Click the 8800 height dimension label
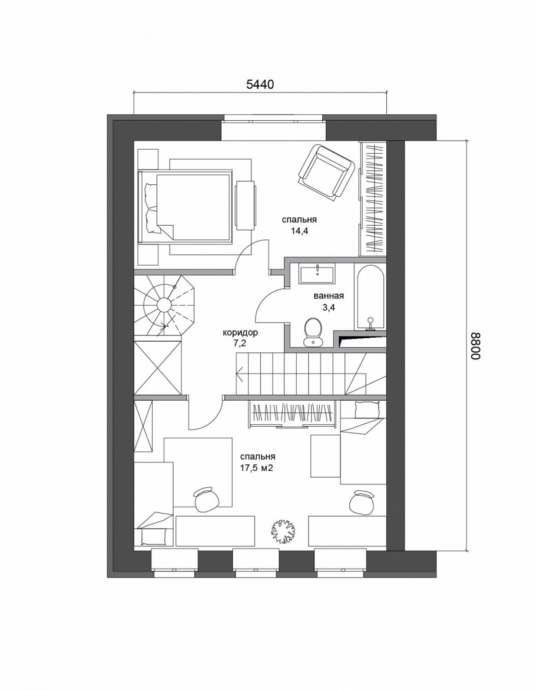[x=476, y=346]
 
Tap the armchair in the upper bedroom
[x=326, y=170]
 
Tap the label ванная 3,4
[x=329, y=302]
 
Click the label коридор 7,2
[x=240, y=338]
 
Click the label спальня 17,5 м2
[x=257, y=463]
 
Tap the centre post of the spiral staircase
[x=163, y=305]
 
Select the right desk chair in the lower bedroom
[x=362, y=501]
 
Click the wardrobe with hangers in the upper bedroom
[x=373, y=199]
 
